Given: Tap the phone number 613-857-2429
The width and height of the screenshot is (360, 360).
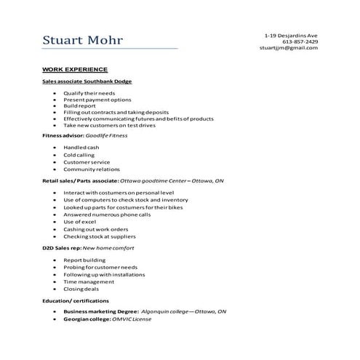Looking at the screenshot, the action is pyautogui.click(x=300, y=41).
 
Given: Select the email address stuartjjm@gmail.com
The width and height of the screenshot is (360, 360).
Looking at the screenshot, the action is pyautogui.click(x=289, y=48).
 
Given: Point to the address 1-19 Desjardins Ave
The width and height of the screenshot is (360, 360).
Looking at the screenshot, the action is pyautogui.click(x=291, y=35).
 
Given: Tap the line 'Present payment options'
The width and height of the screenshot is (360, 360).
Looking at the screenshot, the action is pyautogui.click(x=97, y=100).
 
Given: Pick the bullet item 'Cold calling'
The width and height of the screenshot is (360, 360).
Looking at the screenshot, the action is pyautogui.click(x=79, y=154).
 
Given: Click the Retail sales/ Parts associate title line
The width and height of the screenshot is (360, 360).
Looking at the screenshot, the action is pyautogui.click(x=133, y=180).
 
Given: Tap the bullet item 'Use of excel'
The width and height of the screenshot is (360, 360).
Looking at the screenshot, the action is pyautogui.click(x=81, y=221).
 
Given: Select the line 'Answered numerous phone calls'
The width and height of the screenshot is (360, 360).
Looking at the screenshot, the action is pyautogui.click(x=107, y=214).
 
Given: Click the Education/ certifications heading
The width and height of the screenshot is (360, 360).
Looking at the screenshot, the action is pyautogui.click(x=76, y=300).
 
